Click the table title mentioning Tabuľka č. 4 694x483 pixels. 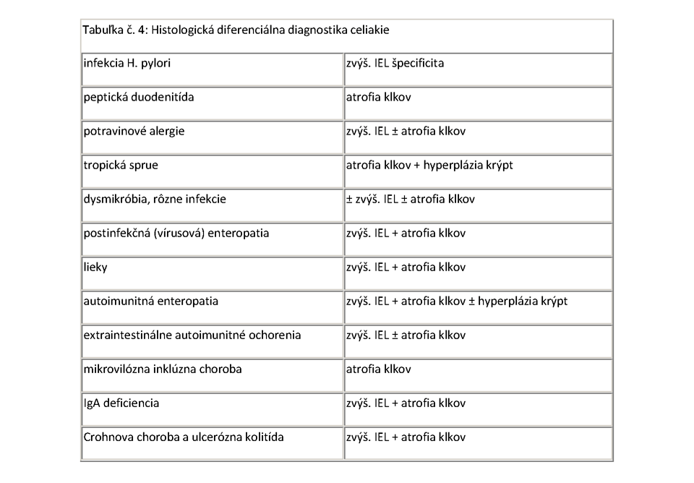click(x=239, y=31)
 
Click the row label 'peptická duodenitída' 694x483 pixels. click(x=139, y=97)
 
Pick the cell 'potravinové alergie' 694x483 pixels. click(x=134, y=131)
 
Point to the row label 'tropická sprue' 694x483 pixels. click(x=121, y=165)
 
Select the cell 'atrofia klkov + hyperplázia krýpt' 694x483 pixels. click(x=430, y=165)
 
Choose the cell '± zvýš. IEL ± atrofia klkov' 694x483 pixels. click(x=411, y=199)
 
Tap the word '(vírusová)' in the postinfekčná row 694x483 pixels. click(x=186, y=233)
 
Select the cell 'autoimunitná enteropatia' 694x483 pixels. click(x=151, y=301)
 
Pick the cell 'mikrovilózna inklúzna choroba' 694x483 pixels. click(x=163, y=369)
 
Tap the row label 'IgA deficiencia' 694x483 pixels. click(x=121, y=403)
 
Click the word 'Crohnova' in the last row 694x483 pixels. click(x=107, y=437)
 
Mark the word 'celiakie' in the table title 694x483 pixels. click(x=370, y=31)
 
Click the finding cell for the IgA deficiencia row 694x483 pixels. click(x=406, y=403)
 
